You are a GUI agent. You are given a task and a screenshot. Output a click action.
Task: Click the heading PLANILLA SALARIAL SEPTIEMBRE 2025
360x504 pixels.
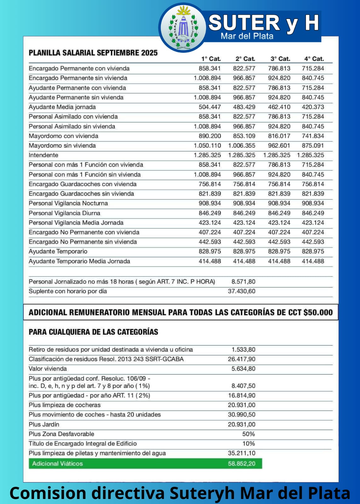[x=93, y=53]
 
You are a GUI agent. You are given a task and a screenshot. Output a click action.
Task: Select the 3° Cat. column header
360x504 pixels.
[x=280, y=59]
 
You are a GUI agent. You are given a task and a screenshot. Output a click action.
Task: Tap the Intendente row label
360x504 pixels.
[x=43, y=155]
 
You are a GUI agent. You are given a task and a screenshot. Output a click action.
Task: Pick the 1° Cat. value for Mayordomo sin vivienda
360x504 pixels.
[x=207, y=146]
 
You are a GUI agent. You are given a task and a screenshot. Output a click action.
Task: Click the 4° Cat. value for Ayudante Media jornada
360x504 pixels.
[x=313, y=107]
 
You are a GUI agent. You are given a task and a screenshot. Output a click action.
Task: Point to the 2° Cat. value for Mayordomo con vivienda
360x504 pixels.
[x=244, y=136]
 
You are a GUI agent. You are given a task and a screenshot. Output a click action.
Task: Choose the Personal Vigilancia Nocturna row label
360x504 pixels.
[x=68, y=203]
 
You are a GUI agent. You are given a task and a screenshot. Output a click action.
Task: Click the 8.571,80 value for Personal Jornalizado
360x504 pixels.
[x=243, y=282]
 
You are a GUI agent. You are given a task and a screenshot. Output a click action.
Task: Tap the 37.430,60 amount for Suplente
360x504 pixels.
[x=242, y=291]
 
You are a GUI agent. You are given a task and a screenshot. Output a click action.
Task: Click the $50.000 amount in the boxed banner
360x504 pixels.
[x=318, y=312]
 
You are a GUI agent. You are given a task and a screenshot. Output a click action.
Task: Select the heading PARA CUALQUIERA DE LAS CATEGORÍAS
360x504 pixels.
[x=93, y=332]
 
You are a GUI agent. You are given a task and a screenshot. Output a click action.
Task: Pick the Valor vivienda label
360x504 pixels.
[x=48, y=369]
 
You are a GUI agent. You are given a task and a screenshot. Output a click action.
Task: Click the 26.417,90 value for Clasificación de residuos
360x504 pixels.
[x=242, y=359]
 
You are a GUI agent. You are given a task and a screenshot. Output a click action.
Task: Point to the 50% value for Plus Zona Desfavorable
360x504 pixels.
[x=249, y=434]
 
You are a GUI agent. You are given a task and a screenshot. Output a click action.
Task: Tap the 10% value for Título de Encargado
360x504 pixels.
[x=249, y=444]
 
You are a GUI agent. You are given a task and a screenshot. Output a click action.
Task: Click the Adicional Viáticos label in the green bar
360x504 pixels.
[x=57, y=463]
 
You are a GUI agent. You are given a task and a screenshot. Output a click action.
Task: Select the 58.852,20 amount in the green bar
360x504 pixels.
[x=242, y=463]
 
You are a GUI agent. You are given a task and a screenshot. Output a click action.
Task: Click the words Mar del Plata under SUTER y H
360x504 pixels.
[x=247, y=36]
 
